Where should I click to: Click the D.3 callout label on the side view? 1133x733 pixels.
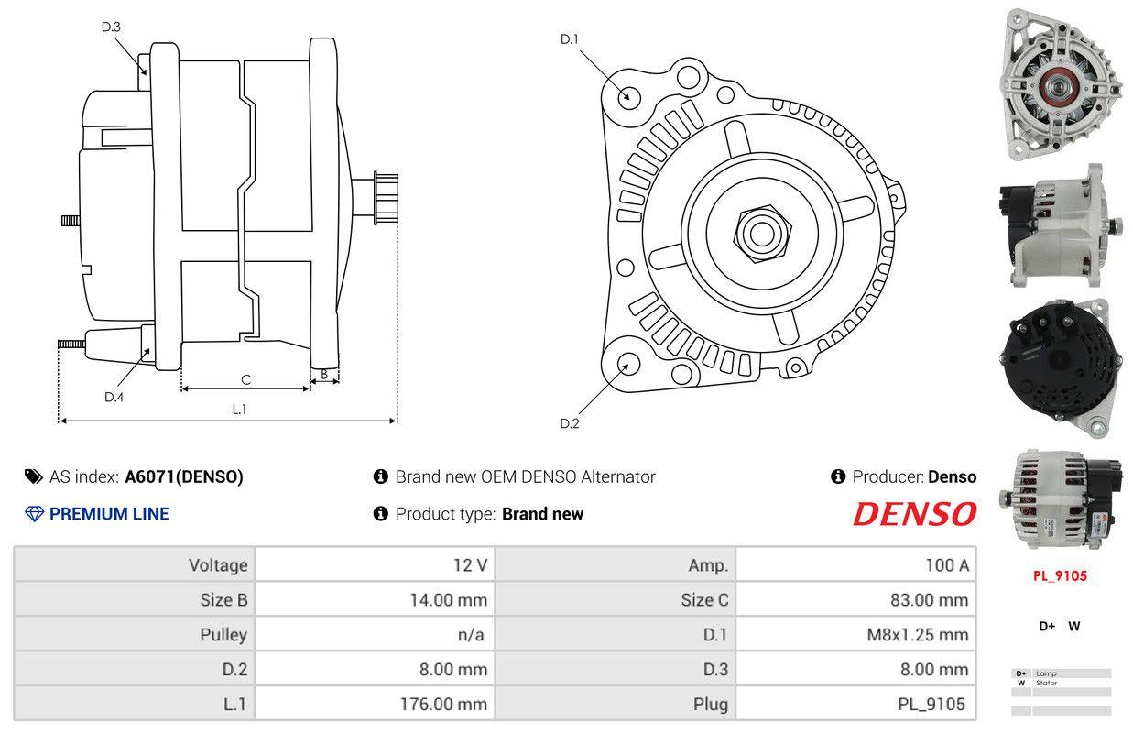click(111, 27)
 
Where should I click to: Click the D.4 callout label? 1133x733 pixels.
click(114, 397)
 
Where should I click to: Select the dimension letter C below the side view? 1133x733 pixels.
click(245, 379)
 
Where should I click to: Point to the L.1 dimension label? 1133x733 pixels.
click(239, 410)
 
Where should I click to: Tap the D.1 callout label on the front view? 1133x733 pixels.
click(570, 38)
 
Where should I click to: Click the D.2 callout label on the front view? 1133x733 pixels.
click(570, 423)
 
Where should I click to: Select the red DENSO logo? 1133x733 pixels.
click(914, 514)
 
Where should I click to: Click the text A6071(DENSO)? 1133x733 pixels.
click(184, 476)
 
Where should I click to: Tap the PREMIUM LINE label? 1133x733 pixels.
click(109, 514)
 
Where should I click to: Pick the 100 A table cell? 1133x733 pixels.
click(946, 565)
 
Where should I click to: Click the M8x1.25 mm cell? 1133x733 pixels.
click(917, 635)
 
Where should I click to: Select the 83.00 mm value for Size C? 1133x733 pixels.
click(928, 600)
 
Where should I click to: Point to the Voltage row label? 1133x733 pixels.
click(218, 565)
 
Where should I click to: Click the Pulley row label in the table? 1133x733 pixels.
click(223, 635)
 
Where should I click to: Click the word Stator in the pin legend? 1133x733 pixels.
click(1046, 683)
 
